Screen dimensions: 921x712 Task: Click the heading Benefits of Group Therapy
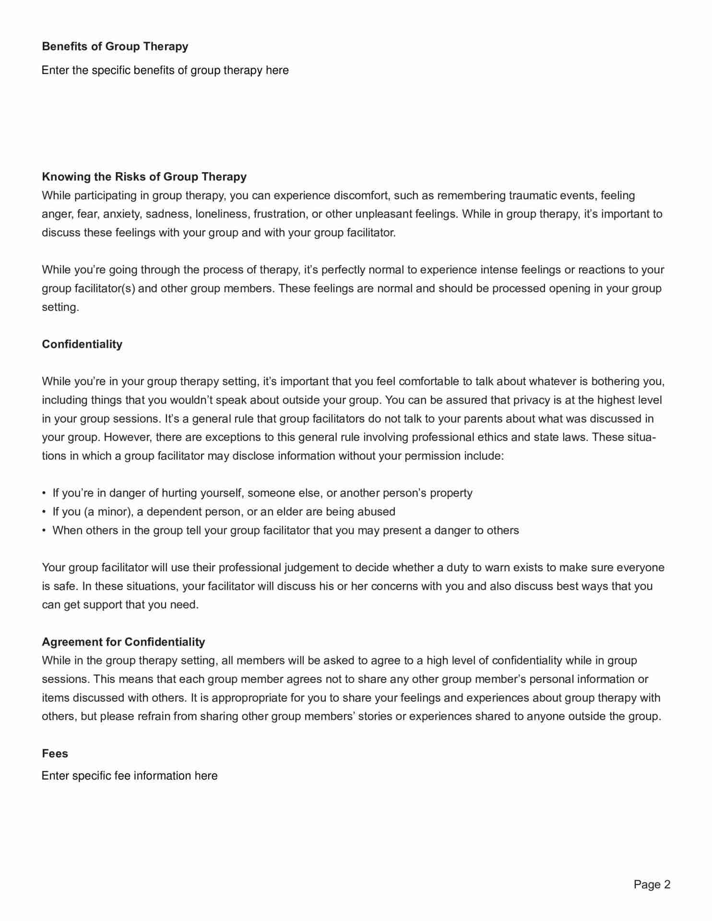click(115, 47)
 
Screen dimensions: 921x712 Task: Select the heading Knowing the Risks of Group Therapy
click(144, 177)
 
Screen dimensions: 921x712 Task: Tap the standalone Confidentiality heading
click(82, 344)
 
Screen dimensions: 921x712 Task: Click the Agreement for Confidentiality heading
click(123, 642)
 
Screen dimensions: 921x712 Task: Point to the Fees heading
click(55, 754)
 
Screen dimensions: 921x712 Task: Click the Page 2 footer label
click(652, 885)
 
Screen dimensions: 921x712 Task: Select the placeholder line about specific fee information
click(130, 776)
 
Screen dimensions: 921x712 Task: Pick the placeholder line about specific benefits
click(165, 70)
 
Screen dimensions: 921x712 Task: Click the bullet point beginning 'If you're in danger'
click(262, 493)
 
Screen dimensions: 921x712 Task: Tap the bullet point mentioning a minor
click(224, 512)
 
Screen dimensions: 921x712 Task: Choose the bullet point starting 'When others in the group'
click(285, 531)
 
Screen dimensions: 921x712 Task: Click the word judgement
click(311, 568)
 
